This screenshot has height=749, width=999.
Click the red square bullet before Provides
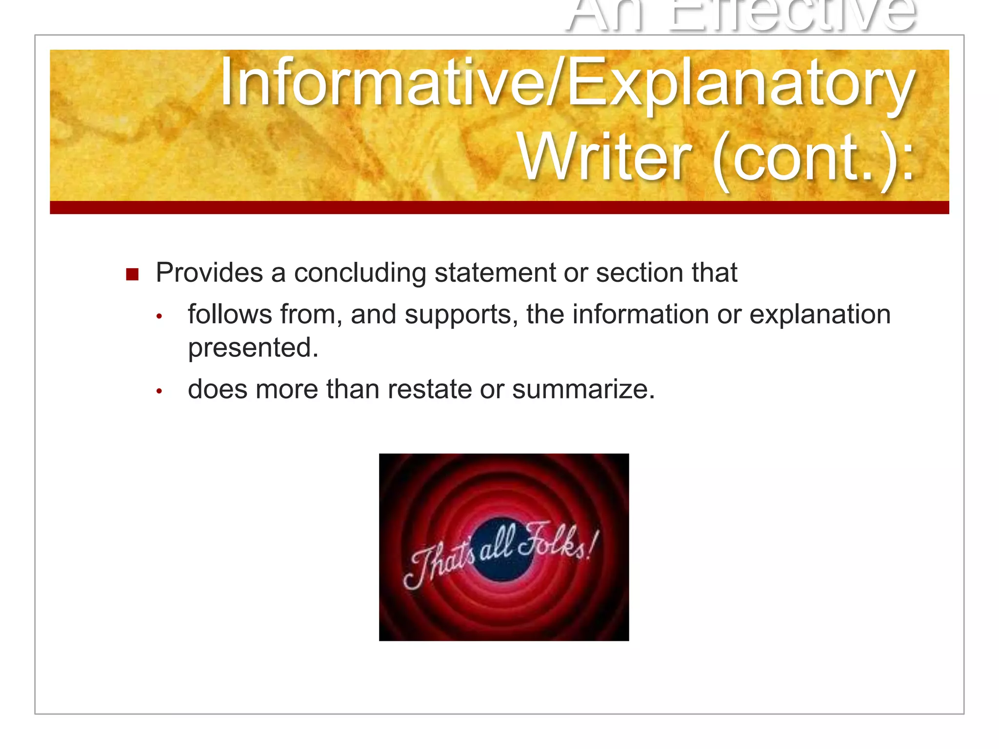coord(132,275)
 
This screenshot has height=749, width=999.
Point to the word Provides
coord(209,273)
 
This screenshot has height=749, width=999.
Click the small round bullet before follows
coord(159,317)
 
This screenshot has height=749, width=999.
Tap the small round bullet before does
coord(159,392)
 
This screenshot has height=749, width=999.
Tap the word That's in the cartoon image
coord(439,566)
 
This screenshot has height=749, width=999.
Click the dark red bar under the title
coord(499,207)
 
